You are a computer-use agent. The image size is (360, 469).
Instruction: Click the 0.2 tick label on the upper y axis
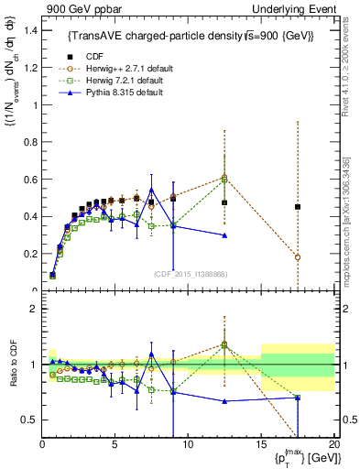[x=32, y=254]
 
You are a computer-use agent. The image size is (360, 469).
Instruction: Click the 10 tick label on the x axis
[x=188, y=444]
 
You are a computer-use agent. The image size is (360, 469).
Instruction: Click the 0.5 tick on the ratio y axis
[x=32, y=420]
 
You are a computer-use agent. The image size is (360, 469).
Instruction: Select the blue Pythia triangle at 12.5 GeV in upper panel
[x=224, y=235]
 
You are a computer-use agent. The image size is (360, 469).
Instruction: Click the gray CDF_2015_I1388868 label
[x=189, y=274]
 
